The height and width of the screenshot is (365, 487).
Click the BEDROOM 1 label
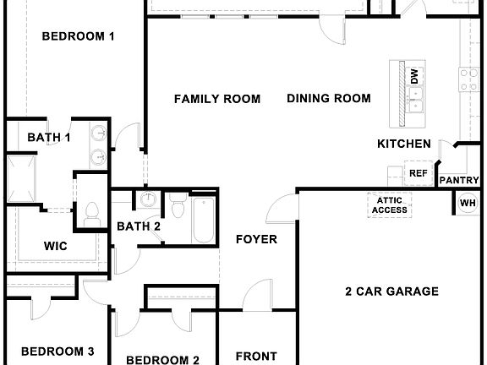pyautogui.click(x=78, y=36)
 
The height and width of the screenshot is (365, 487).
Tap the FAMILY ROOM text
pyautogui.click(x=217, y=99)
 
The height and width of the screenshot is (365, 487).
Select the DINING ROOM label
pyautogui.click(x=329, y=99)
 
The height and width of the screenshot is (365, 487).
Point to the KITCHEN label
pyautogui.click(x=403, y=144)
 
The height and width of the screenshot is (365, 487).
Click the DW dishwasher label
pyautogui.click(x=416, y=75)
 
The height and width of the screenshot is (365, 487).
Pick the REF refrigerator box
pyautogui.click(x=419, y=173)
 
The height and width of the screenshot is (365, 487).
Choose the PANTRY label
pyautogui.click(x=459, y=180)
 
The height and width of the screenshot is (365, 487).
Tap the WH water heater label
pyautogui.click(x=468, y=203)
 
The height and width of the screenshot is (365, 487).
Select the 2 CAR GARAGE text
pyautogui.click(x=391, y=291)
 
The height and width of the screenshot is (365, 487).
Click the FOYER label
pyautogui.click(x=256, y=239)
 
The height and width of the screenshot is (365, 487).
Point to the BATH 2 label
pyautogui.click(x=139, y=226)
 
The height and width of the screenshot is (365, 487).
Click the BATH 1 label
pyautogui.click(x=49, y=137)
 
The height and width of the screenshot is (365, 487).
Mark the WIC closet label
pyautogui.click(x=56, y=246)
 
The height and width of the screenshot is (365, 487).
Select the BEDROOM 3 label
pyautogui.click(x=57, y=351)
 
